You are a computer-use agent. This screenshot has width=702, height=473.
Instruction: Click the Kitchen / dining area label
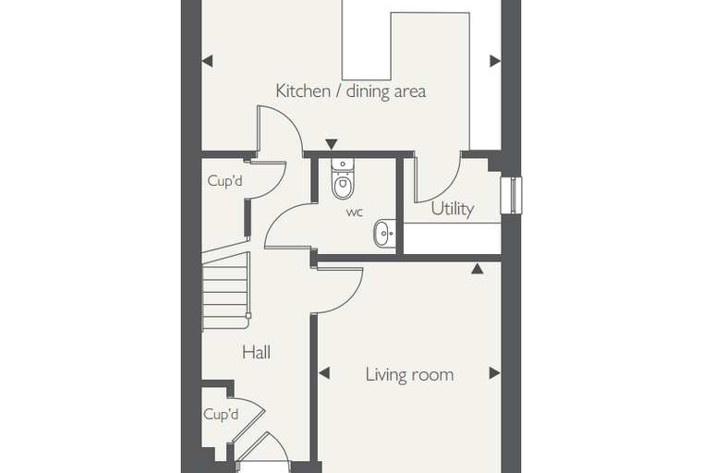coord(351,91)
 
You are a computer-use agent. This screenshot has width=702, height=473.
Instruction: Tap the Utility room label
coord(453,209)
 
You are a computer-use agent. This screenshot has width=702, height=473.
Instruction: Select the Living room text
coord(409,374)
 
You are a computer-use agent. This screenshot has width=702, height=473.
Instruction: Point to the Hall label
coord(256,353)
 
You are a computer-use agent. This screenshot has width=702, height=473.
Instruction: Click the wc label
coord(355,212)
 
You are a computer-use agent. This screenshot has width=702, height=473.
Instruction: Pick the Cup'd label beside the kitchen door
coord(224,181)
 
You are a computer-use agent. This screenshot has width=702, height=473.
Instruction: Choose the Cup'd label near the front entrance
coord(221,414)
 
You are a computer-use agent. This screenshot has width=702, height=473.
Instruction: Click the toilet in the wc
coord(343,178)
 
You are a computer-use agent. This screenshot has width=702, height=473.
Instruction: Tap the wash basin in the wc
coord(385,233)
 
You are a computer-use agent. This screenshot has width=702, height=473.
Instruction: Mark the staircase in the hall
coord(225,291)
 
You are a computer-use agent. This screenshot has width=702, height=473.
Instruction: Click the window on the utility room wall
coord(512,195)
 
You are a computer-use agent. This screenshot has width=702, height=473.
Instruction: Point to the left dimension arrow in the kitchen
coord(207,61)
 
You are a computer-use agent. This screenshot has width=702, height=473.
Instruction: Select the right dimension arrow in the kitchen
coord(495,61)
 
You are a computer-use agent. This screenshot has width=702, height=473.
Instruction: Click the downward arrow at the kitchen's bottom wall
coord(332,144)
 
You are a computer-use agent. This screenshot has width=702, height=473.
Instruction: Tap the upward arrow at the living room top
coord(478,268)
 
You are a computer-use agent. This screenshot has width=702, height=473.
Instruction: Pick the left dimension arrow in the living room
coord(323,372)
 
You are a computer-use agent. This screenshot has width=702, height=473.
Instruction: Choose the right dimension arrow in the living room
coord(495,372)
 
